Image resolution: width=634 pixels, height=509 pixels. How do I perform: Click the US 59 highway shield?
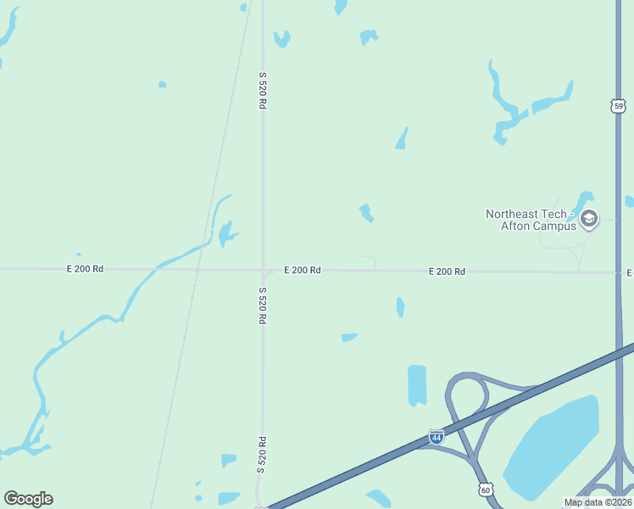(618, 105)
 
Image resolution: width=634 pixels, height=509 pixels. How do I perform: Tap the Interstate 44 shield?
(436, 437)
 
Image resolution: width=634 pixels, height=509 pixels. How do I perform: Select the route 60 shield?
(485, 489)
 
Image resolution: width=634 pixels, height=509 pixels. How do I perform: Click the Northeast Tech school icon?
(589, 220)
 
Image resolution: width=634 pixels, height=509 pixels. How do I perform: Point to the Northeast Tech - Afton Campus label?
(531, 220)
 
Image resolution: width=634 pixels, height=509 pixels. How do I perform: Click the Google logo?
(28, 499)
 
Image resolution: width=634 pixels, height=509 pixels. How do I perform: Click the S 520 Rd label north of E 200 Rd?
(263, 90)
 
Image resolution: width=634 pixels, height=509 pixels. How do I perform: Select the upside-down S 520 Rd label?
(263, 454)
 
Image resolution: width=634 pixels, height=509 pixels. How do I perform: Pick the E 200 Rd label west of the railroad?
(85, 269)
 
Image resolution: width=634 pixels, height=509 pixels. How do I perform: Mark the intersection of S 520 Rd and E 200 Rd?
(263, 271)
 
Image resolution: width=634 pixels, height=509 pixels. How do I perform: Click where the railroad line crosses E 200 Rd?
(197, 270)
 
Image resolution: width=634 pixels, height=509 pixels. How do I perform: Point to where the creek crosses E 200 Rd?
(156, 270)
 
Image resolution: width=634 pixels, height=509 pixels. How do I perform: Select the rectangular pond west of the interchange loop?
(417, 385)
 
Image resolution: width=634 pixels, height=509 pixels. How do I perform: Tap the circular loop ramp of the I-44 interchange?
(467, 394)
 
